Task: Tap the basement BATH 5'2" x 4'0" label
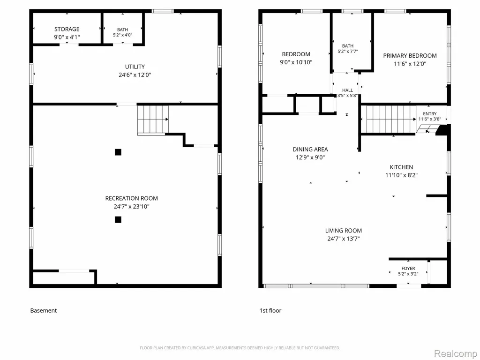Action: pyautogui.click(x=122, y=32)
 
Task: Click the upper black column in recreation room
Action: pyautogui.click(x=118, y=152)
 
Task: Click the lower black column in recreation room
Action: pyautogui.click(x=118, y=219)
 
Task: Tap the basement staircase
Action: pyautogui.click(x=153, y=120)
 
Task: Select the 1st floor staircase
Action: pyautogui.click(x=389, y=119)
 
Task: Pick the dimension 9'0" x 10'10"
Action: pyautogui.click(x=296, y=62)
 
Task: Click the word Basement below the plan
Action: pyautogui.click(x=44, y=310)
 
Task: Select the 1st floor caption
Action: pyautogui.click(x=270, y=310)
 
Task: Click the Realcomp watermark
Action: pyautogui.click(x=455, y=353)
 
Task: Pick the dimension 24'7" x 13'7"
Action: pyautogui.click(x=344, y=239)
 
